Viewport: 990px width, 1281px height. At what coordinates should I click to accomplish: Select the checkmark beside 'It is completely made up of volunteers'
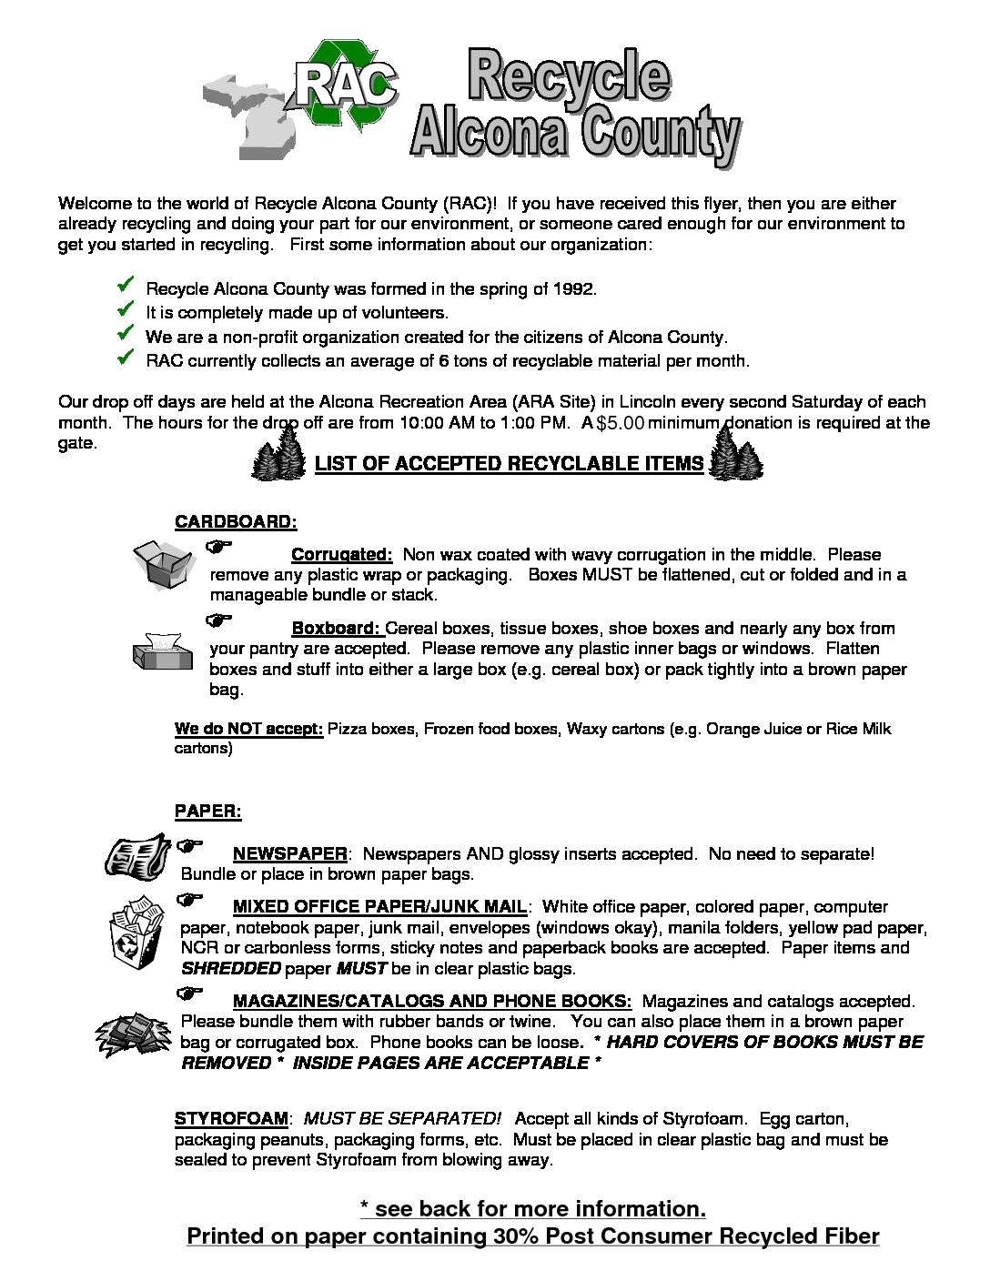[126, 310]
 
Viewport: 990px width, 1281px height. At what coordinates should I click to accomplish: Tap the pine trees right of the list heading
[733, 454]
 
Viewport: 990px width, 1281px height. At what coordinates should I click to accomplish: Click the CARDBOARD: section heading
[236, 522]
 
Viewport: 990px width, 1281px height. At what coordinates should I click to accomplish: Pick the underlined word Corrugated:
[341, 555]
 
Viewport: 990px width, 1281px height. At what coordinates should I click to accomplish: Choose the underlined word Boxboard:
[336, 629]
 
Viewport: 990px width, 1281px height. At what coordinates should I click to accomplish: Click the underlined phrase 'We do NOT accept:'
[248, 729]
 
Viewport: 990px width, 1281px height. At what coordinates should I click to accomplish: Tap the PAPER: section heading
[207, 811]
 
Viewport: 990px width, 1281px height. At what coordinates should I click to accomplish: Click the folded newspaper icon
[136, 856]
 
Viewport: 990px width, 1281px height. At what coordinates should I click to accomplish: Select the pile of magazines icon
[133, 1034]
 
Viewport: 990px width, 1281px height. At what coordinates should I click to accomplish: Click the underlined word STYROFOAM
[231, 1119]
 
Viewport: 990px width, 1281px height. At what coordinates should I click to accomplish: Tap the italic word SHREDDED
[230, 968]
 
